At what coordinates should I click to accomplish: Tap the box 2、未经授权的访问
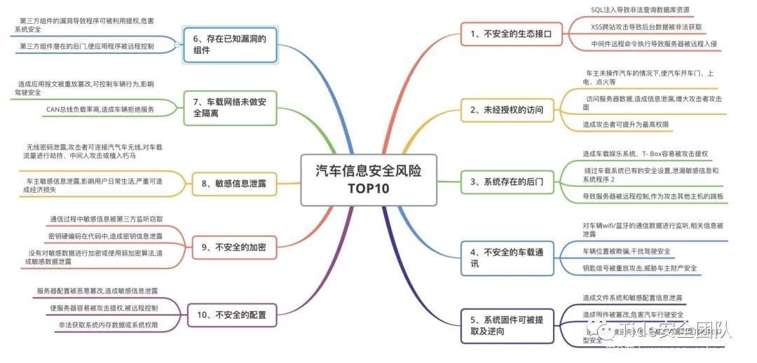(506, 109)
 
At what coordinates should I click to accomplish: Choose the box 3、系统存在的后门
(506, 181)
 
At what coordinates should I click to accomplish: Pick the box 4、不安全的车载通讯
(505, 257)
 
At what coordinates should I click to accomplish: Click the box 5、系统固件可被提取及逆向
(505, 326)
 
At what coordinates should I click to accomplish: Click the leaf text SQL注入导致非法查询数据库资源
(640, 10)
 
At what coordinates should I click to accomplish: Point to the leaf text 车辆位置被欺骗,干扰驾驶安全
(626, 251)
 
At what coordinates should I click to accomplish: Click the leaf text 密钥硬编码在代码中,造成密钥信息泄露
(106, 236)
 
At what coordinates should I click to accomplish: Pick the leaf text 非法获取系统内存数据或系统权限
(108, 325)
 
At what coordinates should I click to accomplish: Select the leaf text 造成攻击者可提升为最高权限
(625, 124)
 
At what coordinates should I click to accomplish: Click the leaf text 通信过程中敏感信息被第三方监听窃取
(106, 219)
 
